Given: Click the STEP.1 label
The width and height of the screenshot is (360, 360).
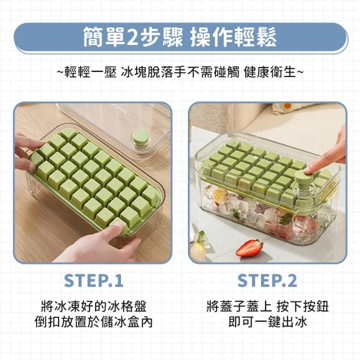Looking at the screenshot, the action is pyautogui.click(x=94, y=281).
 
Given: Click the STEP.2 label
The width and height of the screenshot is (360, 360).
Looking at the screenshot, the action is pyautogui.click(x=267, y=281).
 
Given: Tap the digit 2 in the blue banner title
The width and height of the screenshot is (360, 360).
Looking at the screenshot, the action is pyautogui.click(x=132, y=37).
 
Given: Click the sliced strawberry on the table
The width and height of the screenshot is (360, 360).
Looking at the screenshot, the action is pyautogui.click(x=250, y=247).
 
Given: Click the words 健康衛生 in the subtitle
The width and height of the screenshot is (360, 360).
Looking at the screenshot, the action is pyautogui.click(x=270, y=72).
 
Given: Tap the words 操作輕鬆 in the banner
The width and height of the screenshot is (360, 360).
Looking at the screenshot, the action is pyautogui.click(x=233, y=37).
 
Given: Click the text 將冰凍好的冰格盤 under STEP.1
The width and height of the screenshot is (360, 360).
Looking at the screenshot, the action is pyautogui.click(x=94, y=306).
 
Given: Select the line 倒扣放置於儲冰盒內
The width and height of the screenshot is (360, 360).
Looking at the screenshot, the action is pyautogui.click(x=94, y=322).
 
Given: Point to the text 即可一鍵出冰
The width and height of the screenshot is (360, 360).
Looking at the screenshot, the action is pyautogui.click(x=268, y=322).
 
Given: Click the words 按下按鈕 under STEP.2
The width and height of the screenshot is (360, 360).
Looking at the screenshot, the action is pyautogui.click(x=303, y=306).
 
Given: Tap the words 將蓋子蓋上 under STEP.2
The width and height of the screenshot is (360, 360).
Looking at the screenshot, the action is pyautogui.click(x=238, y=306).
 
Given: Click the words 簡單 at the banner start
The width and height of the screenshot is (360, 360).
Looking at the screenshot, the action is pyautogui.click(x=104, y=37).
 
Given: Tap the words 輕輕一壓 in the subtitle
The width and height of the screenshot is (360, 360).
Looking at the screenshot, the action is pyautogui.click(x=91, y=72).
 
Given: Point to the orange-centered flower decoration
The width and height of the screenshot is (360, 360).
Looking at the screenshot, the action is pyautogui.click(x=286, y=107).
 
